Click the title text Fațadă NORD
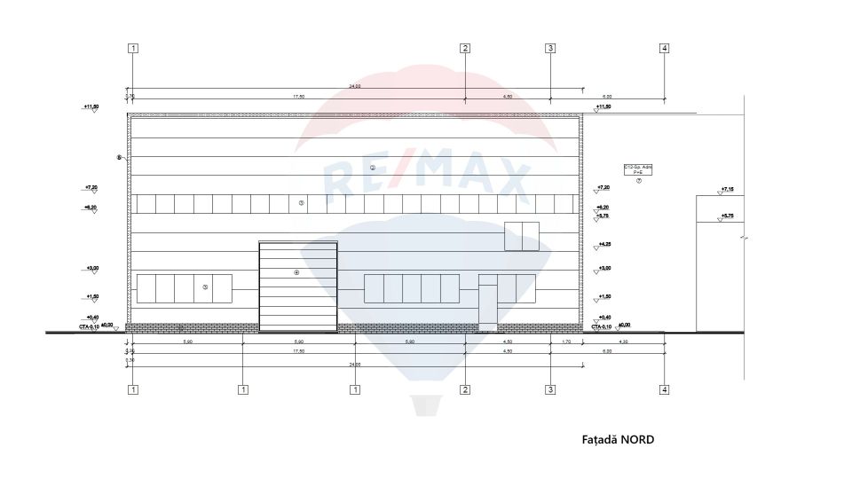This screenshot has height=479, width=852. click(x=618, y=439)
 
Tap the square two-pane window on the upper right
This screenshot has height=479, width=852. click(x=521, y=235)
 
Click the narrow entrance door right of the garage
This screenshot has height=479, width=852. click(x=488, y=304)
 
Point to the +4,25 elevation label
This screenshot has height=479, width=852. click(x=604, y=244)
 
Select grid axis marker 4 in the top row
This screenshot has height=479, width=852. click(x=664, y=48)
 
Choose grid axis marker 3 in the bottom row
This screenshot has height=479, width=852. click(x=550, y=389)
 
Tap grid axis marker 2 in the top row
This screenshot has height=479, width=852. click(x=464, y=48)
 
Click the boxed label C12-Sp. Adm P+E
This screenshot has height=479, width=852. click(x=637, y=169)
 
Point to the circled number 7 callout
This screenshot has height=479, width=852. click(x=638, y=180)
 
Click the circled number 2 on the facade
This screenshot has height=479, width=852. click(x=372, y=168)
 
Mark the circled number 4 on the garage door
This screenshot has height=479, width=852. click(x=296, y=272)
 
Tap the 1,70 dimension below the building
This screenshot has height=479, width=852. click(x=566, y=342)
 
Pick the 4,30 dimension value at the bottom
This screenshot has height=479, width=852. click(x=623, y=342)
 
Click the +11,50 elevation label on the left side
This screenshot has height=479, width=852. click(x=91, y=106)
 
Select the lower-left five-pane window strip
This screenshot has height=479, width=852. click(x=184, y=288)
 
